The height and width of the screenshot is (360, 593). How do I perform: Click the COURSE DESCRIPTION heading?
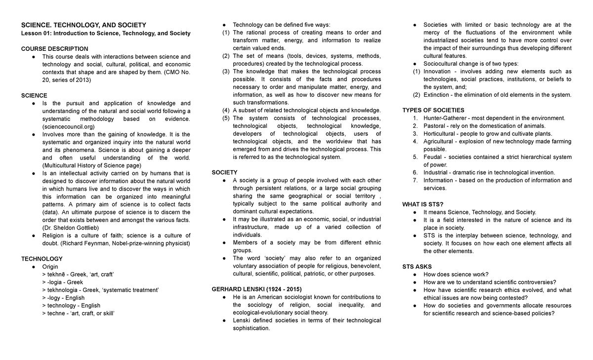pyautogui.click(x=54, y=48)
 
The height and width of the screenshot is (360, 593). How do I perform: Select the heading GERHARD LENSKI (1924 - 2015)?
pyautogui.click(x=256, y=289)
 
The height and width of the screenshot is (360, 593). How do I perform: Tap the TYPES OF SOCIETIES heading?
pyautogui.click(x=433, y=110)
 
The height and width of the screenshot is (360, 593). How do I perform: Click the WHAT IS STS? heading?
pyautogui.click(x=423, y=204)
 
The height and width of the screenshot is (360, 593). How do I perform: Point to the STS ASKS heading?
pyautogui.click(x=417, y=267)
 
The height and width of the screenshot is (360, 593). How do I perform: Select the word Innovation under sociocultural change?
pyautogui.click(x=437, y=72)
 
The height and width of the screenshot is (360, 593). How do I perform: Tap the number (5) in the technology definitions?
pyautogui.click(x=225, y=119)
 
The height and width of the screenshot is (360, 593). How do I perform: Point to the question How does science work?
pyautogui.click(x=456, y=275)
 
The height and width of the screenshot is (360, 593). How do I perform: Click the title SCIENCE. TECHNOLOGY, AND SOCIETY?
pyautogui.click(x=83, y=25)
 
